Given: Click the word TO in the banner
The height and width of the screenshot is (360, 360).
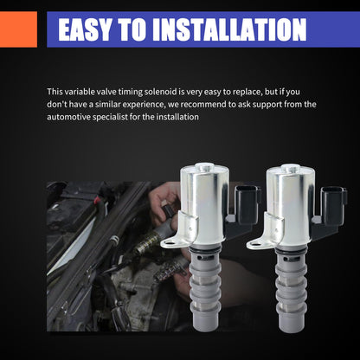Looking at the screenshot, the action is pyautogui.click(x=132, y=29).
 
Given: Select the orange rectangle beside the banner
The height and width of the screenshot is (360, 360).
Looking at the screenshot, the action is pyautogui.click(x=18, y=29).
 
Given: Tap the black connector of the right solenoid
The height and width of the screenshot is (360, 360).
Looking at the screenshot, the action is pyautogui.click(x=334, y=205).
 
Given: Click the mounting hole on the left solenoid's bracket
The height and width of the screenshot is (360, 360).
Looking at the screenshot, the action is pyautogui.click(x=170, y=243).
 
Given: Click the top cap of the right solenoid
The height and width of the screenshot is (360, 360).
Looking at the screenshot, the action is pyautogui.click(x=291, y=168).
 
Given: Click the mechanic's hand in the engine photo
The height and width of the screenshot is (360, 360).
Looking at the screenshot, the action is pyautogui.click(x=164, y=202).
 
